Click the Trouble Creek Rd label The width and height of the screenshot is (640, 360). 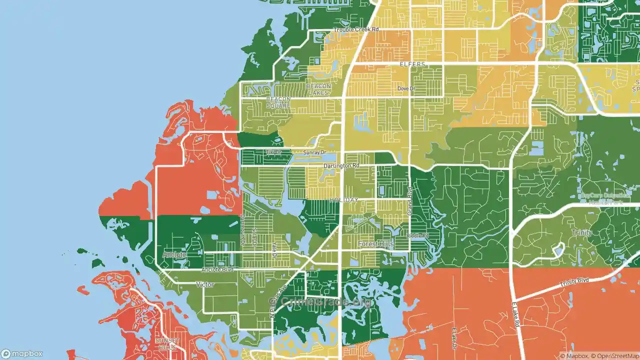356,29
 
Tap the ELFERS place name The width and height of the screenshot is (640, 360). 412,64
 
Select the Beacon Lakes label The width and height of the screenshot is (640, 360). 318,89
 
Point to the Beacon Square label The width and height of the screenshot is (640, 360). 278,102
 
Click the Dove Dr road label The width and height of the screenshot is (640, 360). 406,88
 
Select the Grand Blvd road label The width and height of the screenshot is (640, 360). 409,201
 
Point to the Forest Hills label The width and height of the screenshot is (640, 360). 375,244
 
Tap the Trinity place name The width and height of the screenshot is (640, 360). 582,232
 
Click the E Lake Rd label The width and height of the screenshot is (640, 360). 516,314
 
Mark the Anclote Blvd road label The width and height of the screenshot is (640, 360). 217,270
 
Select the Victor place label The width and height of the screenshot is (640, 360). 205,284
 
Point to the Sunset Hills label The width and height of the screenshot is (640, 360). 166,343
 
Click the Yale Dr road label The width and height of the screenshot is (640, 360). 274,249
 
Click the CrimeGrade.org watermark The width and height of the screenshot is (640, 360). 320,301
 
